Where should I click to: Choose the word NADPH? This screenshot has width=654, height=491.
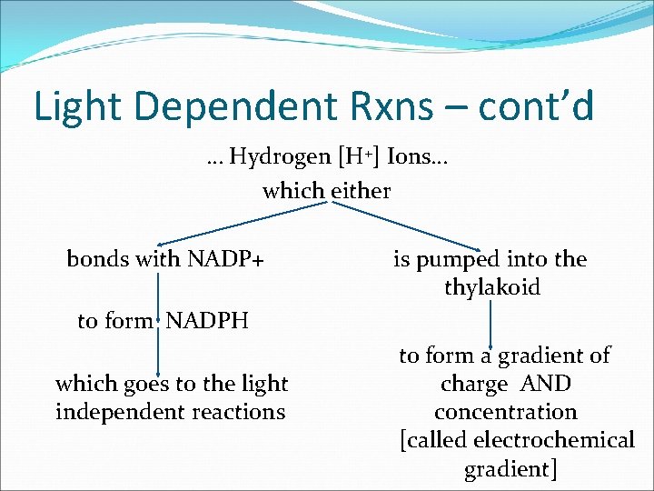tap(208, 321)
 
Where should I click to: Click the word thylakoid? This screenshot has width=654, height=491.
tap(492, 287)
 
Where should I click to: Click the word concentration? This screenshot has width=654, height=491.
tap(505, 412)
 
